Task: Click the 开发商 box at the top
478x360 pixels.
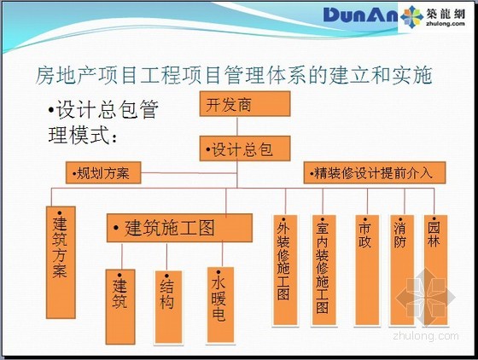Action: point(245,104)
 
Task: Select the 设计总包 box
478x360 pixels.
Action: point(245,148)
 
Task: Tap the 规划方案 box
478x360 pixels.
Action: point(103,172)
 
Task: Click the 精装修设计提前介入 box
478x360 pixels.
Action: point(375,172)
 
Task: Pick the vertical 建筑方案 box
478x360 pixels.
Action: point(61,263)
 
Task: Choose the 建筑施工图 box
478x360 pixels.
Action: point(179,228)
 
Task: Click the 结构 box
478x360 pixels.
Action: point(169,307)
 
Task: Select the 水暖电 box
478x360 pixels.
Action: point(220,305)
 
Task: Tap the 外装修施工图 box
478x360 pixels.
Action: point(285,270)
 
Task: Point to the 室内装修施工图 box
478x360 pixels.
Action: point(324,270)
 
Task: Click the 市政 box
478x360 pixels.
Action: point(367,270)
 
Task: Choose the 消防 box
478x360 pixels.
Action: point(402,270)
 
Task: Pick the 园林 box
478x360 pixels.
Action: point(435,270)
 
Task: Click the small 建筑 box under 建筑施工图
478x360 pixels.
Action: point(120,307)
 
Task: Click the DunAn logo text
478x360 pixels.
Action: point(360,15)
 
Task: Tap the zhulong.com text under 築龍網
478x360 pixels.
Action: point(446,23)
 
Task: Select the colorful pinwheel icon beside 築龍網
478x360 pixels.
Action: point(411,17)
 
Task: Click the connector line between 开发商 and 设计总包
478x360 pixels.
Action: point(237,126)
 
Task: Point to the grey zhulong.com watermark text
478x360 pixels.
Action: point(426,335)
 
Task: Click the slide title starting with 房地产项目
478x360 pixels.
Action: point(234,75)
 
